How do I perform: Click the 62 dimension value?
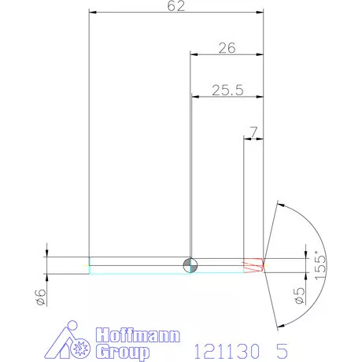click(176, 6)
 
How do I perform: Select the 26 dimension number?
click(227, 48)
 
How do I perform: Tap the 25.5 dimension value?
click(227, 90)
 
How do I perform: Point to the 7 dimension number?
click(253, 132)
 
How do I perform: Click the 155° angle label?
click(320, 265)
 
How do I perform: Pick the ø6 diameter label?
click(41, 297)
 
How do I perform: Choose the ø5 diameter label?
click(300, 296)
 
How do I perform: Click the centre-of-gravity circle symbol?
click(190, 265)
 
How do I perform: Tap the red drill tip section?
click(253, 265)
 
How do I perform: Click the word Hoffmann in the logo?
click(138, 335)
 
